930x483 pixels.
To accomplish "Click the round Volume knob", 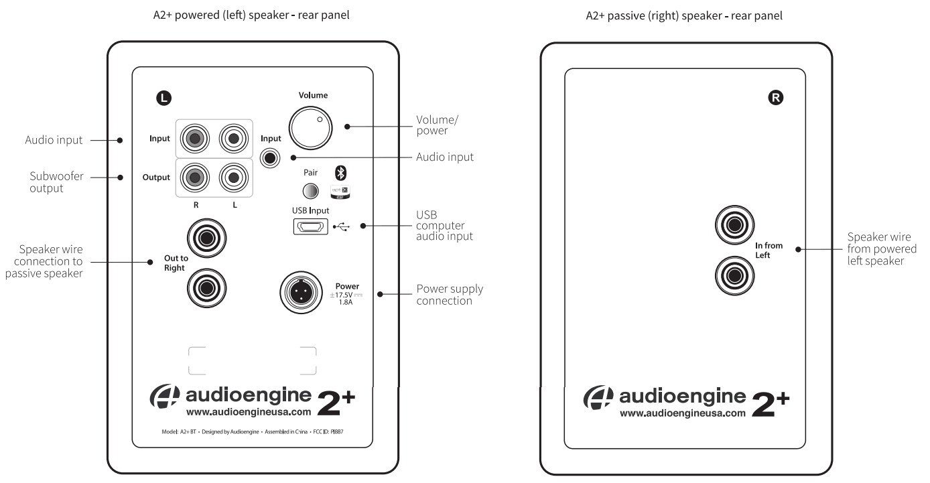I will [x=310, y=127].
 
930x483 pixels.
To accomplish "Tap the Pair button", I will [x=310, y=192].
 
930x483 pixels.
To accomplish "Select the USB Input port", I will [x=310, y=228].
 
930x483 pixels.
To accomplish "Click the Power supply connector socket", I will [x=300, y=291].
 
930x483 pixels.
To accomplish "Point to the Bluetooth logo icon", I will [x=340, y=172].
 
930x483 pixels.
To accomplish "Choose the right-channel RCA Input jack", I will [x=194, y=139].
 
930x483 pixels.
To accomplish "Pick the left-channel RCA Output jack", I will [x=232, y=178].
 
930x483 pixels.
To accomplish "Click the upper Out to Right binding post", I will [x=207, y=238].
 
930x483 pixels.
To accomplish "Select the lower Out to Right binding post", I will [x=207, y=289].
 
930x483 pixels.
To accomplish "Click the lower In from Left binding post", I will [x=734, y=275].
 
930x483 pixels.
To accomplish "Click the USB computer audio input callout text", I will [x=444, y=226].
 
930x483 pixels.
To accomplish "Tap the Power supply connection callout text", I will [x=450, y=295].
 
